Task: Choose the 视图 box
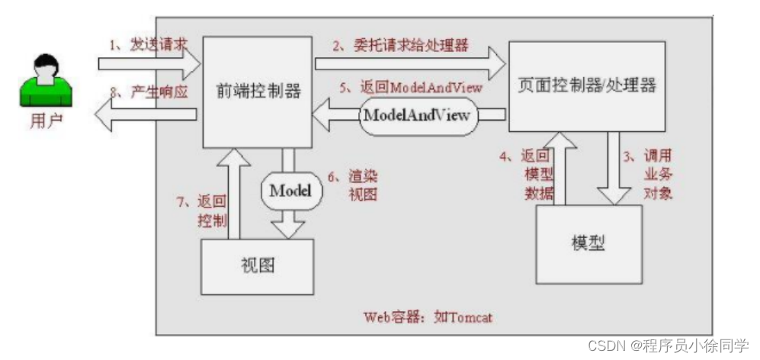coord(257,265)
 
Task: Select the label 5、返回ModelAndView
coord(421,88)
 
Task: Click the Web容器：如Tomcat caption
coord(427,317)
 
